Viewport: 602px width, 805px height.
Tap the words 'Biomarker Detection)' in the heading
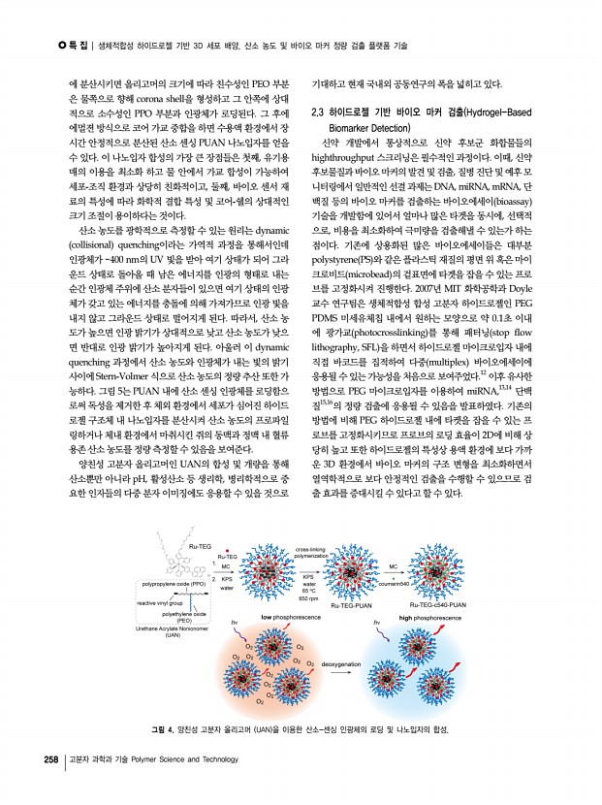[378, 128]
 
